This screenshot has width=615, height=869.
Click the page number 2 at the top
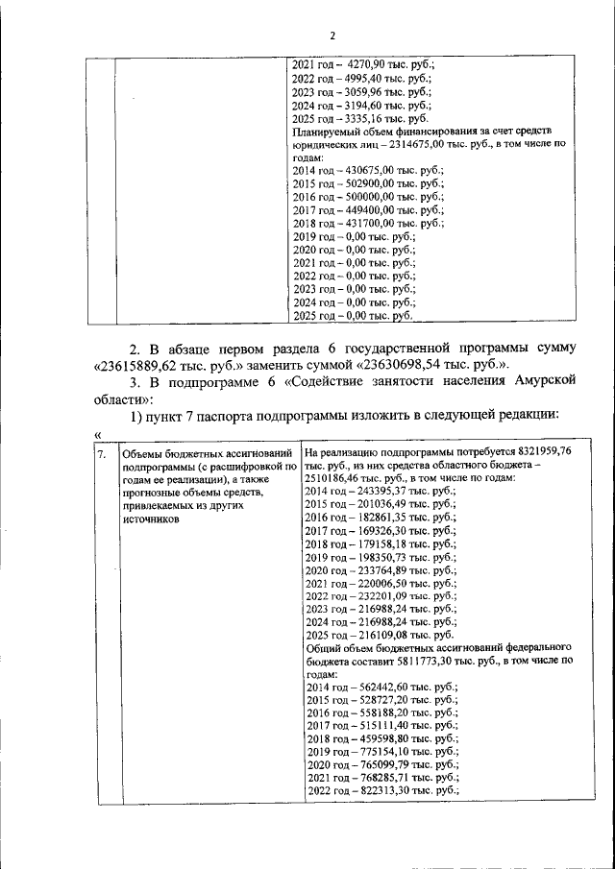(x=332, y=36)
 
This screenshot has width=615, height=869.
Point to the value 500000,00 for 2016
(x=370, y=194)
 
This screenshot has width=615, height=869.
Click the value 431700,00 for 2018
(x=370, y=222)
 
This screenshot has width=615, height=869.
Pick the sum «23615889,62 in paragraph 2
(x=142, y=365)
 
